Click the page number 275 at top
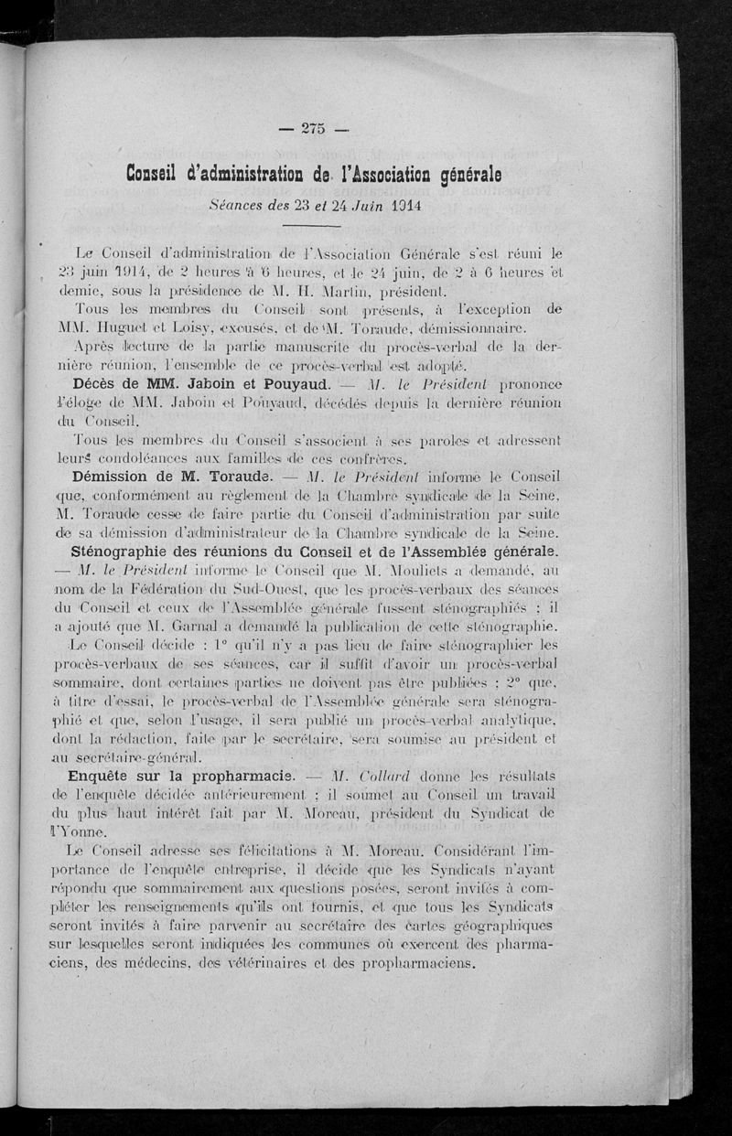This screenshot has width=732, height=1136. click(313, 129)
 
